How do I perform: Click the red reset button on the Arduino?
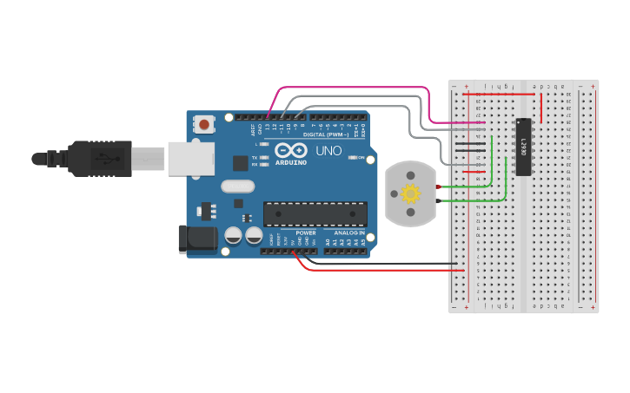[204, 124]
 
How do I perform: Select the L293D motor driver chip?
[524, 147]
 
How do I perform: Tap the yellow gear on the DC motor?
[410, 194]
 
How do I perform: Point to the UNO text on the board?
[328, 151]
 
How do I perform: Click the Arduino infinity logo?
[291, 149]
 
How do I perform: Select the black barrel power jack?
[196, 239]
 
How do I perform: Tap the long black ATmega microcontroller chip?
[315, 213]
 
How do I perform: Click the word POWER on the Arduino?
[306, 233]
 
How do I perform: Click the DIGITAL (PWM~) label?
[324, 134]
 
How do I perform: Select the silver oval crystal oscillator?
[237, 186]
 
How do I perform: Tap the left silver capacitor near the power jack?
[233, 235]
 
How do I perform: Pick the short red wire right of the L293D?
[541, 107]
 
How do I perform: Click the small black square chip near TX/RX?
[240, 162]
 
